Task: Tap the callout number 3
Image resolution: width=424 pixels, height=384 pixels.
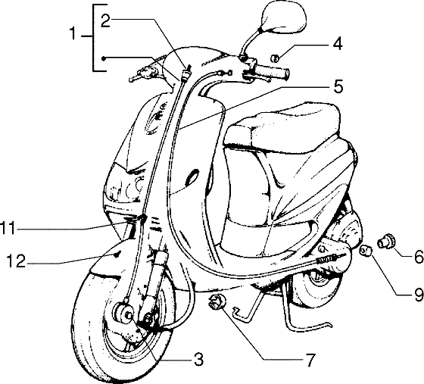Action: [x=199, y=361]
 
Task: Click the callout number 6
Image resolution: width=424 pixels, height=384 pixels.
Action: [x=418, y=255]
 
